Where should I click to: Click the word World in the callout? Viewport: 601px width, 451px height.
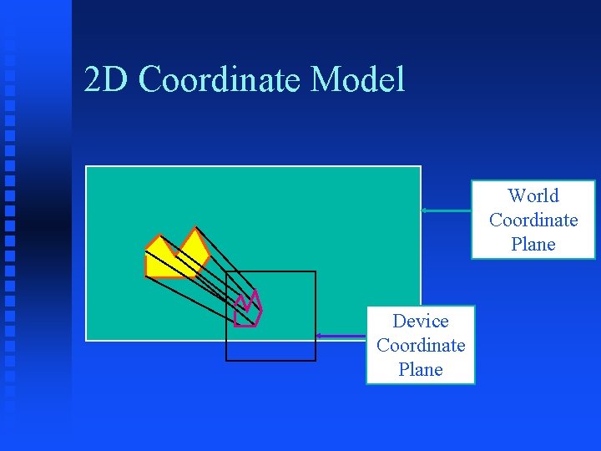(533, 195)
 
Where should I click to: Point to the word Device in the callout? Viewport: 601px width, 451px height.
(421, 321)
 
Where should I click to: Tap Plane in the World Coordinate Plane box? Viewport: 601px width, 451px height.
(533, 244)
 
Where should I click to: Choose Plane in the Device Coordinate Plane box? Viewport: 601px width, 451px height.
(421, 369)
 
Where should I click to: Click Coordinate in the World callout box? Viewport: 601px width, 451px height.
(533, 220)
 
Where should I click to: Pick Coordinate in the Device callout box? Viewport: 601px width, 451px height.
(421, 345)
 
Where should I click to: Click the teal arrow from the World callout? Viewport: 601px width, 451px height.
(446, 210)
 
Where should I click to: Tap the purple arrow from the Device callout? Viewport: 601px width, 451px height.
(341, 336)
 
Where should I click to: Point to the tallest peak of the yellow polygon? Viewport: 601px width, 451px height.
(195, 228)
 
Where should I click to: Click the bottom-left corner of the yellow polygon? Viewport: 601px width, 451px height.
(146, 276)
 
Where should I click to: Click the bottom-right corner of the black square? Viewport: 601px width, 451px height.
(316, 361)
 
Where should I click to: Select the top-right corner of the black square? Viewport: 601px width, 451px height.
(316, 271)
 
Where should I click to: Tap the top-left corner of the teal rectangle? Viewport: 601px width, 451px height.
(87, 166)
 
